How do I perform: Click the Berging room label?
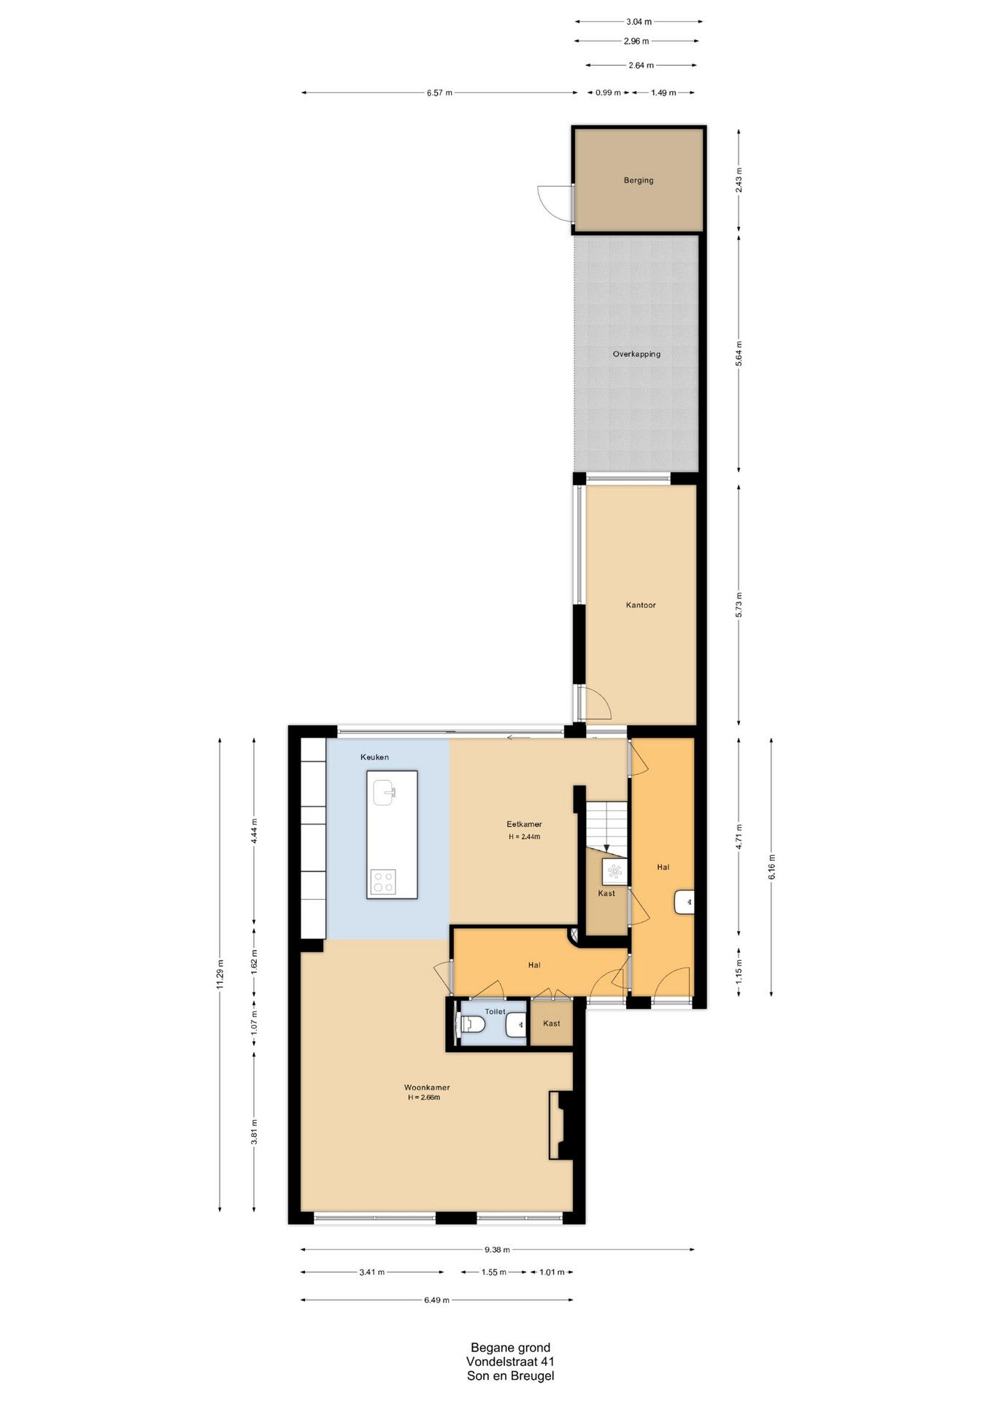tap(639, 180)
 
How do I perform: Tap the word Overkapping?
tap(636, 354)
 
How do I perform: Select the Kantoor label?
tap(641, 605)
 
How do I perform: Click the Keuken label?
tap(374, 757)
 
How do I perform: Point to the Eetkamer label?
tap(524, 825)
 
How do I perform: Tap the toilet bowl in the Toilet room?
tap(472, 1024)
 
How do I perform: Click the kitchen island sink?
tap(384, 792)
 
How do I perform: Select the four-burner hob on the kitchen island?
tap(383, 882)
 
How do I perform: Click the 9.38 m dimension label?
tap(497, 1249)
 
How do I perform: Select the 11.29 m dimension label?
tap(220, 975)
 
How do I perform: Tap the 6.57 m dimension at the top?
tap(439, 93)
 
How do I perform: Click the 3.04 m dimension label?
tap(639, 22)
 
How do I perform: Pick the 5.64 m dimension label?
tap(739, 354)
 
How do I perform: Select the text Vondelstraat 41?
tap(510, 1362)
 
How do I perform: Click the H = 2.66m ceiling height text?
tap(424, 1097)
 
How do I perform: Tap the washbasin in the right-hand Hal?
tap(685, 903)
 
